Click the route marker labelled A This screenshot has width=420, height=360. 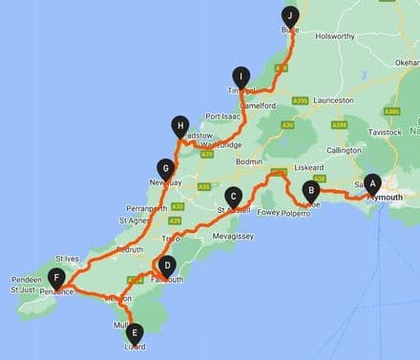(373, 181)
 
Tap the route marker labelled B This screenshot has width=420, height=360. (310, 189)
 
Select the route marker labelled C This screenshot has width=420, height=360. (232, 195)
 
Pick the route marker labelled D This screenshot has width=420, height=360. (167, 266)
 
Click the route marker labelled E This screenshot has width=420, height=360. (135, 332)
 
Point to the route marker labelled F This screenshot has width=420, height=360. (58, 279)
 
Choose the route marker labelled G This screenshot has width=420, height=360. (166, 166)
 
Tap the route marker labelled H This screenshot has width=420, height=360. (178, 123)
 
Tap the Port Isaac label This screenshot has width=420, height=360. (224, 116)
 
